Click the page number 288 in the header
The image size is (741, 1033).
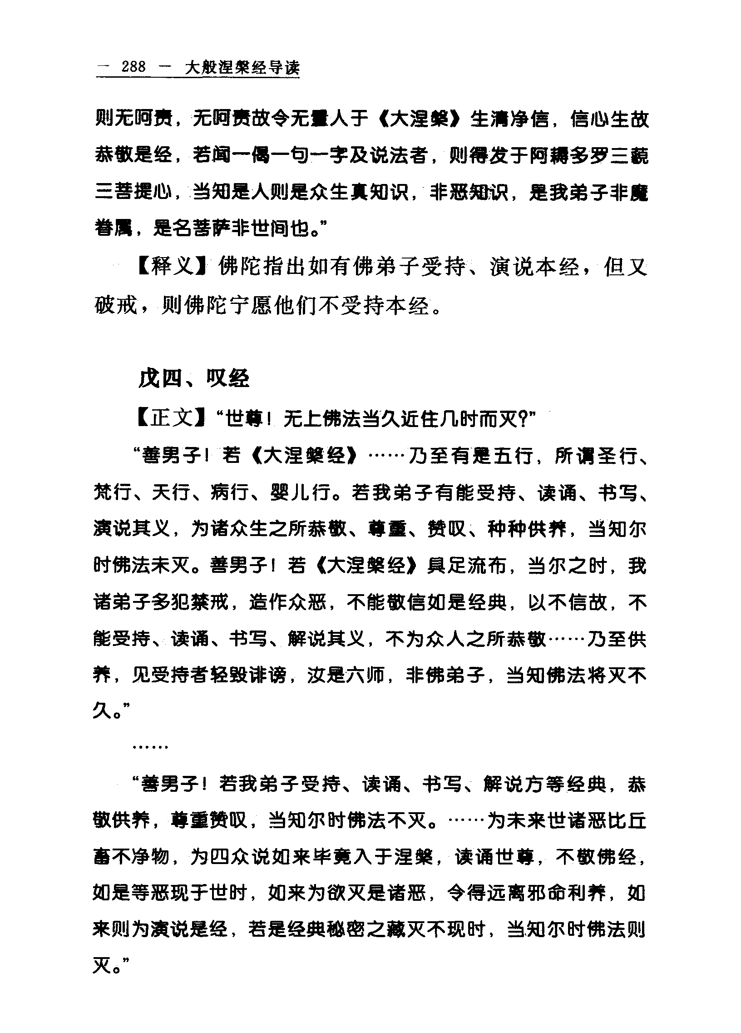[133, 67]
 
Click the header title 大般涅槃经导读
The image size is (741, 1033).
[242, 68]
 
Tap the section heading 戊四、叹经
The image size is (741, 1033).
[194, 378]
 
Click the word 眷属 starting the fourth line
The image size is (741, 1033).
[114, 228]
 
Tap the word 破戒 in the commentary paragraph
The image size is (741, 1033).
[116, 306]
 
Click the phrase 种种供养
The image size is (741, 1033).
[527, 529]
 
